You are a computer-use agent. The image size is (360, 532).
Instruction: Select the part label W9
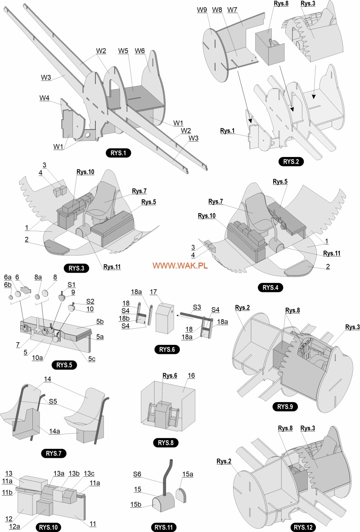coord(202,9)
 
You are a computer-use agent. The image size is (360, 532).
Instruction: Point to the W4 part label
coord(44,98)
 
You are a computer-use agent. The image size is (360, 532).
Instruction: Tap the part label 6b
coord(7,285)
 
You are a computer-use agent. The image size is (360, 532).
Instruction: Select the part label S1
coord(72,284)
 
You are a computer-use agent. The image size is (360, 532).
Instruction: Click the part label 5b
coord(99,322)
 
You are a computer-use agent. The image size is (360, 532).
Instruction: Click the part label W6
coord(139,50)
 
